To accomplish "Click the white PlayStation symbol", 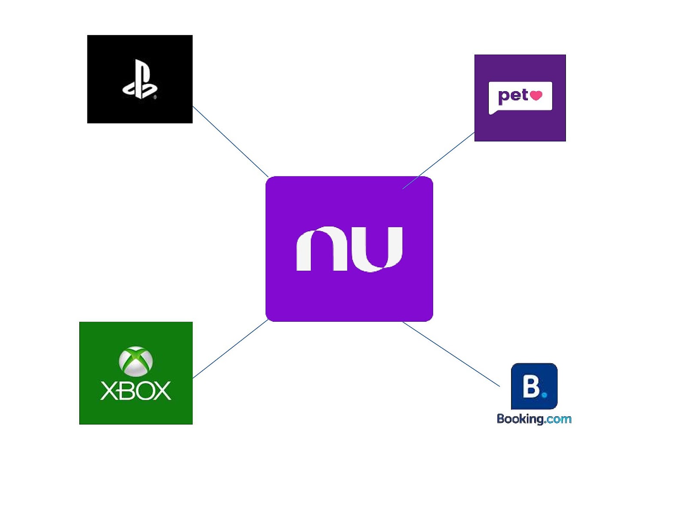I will (x=140, y=80).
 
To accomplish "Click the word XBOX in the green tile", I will (x=135, y=391).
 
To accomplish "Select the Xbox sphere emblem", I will (x=135, y=361).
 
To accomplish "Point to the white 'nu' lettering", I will (x=349, y=249).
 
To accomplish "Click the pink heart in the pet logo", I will (x=536, y=95).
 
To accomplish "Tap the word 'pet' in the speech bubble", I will (x=513, y=96).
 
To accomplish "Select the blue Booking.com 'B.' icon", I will (x=534, y=386).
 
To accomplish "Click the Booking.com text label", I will (x=534, y=418).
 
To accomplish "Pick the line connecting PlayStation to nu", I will (x=230, y=142).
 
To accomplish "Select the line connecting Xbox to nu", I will (x=230, y=349).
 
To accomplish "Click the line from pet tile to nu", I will (x=438, y=161).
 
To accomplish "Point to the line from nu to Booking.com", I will (x=451, y=354).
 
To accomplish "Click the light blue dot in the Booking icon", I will (x=545, y=394).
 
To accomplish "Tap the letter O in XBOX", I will (x=142, y=391).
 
